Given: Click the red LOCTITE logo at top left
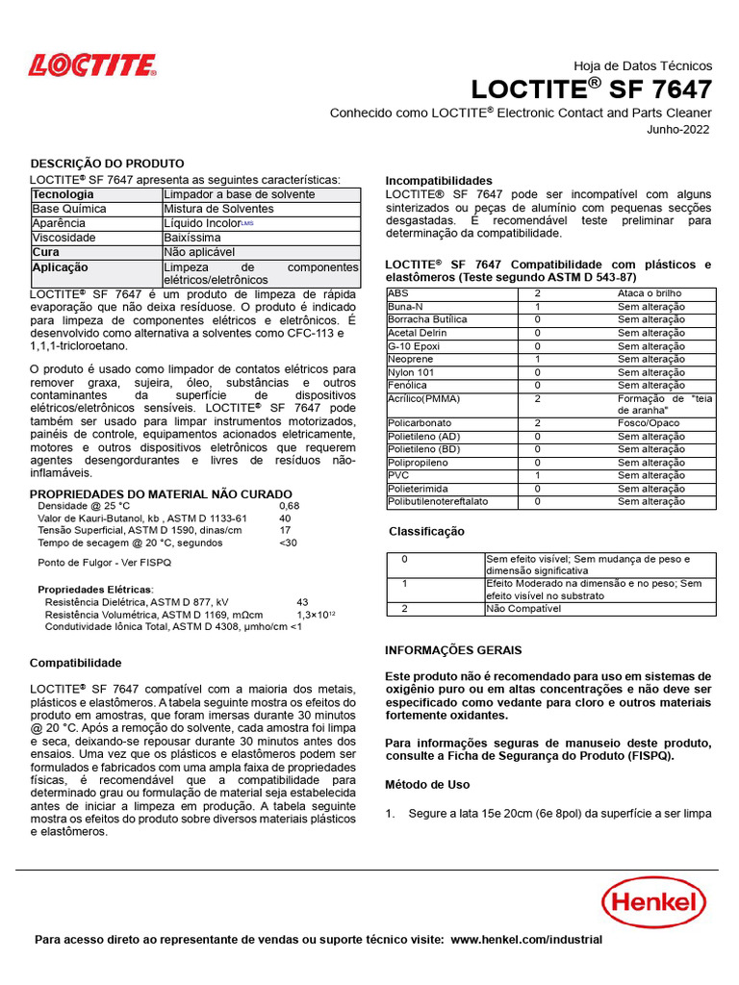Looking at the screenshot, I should tap(92, 65).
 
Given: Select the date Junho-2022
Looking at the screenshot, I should tap(679, 130).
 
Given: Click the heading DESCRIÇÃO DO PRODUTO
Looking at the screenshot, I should tap(107, 164).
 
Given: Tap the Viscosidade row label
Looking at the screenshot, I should tap(64, 237).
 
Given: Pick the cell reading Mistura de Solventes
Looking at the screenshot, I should tap(219, 209).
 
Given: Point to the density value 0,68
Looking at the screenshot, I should tap(289, 505).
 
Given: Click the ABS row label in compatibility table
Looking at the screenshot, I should tap(397, 293).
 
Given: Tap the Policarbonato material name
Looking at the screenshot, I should tap(420, 422).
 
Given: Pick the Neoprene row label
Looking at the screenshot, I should tap(411, 359).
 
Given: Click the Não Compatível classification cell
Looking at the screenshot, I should tap(522, 608).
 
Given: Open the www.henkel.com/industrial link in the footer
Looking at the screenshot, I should tap(526, 940).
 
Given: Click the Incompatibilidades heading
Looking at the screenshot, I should tap(439, 181).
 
